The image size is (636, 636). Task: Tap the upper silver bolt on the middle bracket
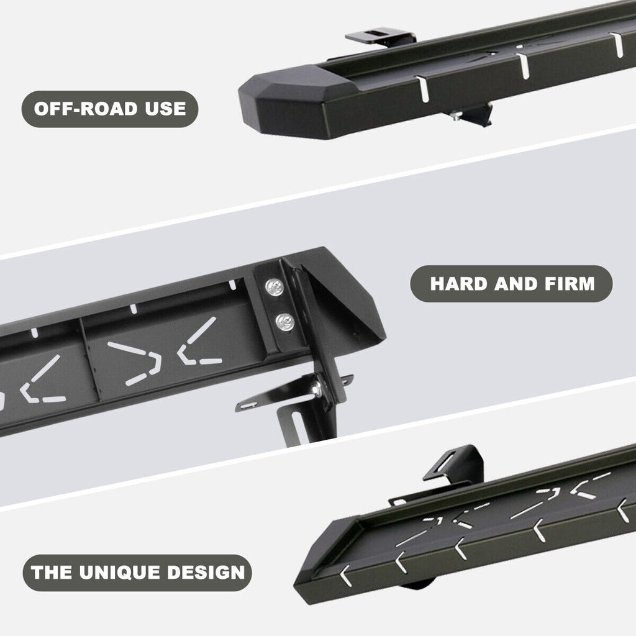pyautogui.click(x=274, y=286)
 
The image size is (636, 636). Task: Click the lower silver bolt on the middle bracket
pyautogui.click(x=286, y=322)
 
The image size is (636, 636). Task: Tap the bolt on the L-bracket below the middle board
pyautogui.click(x=317, y=389)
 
